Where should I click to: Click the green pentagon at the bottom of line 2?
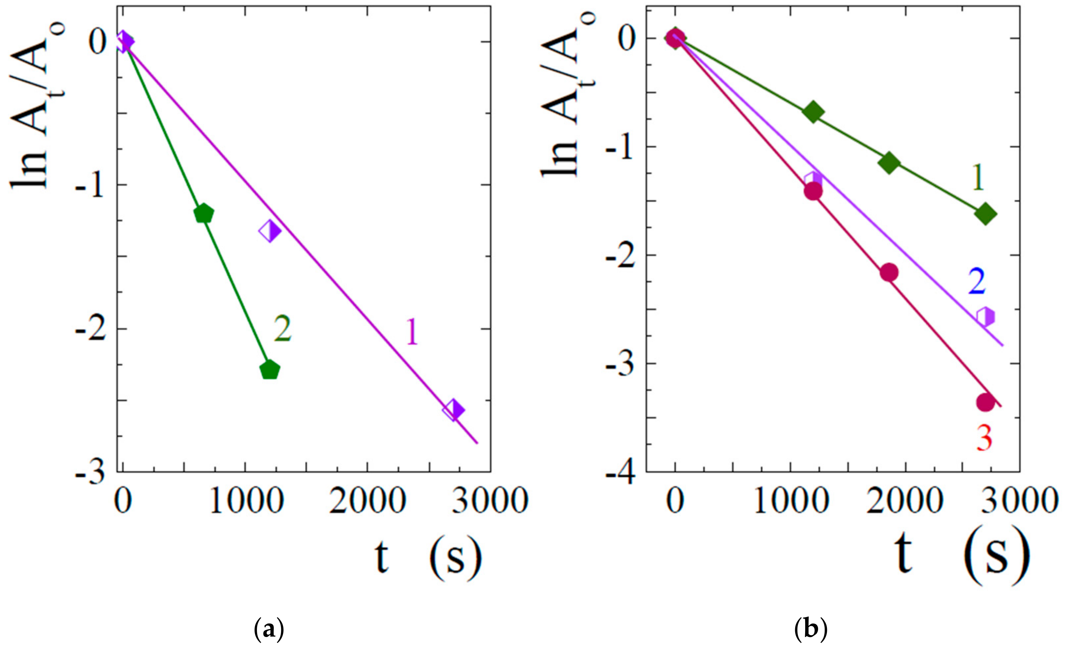coord(270,370)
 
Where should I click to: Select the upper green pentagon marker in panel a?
coord(203,213)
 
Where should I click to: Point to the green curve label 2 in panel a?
coord(282,329)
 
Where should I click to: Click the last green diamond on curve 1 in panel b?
coord(986,213)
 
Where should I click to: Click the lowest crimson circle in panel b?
coord(986,402)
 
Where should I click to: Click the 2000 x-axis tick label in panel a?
coord(368,501)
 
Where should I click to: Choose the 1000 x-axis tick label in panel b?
coord(791,501)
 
